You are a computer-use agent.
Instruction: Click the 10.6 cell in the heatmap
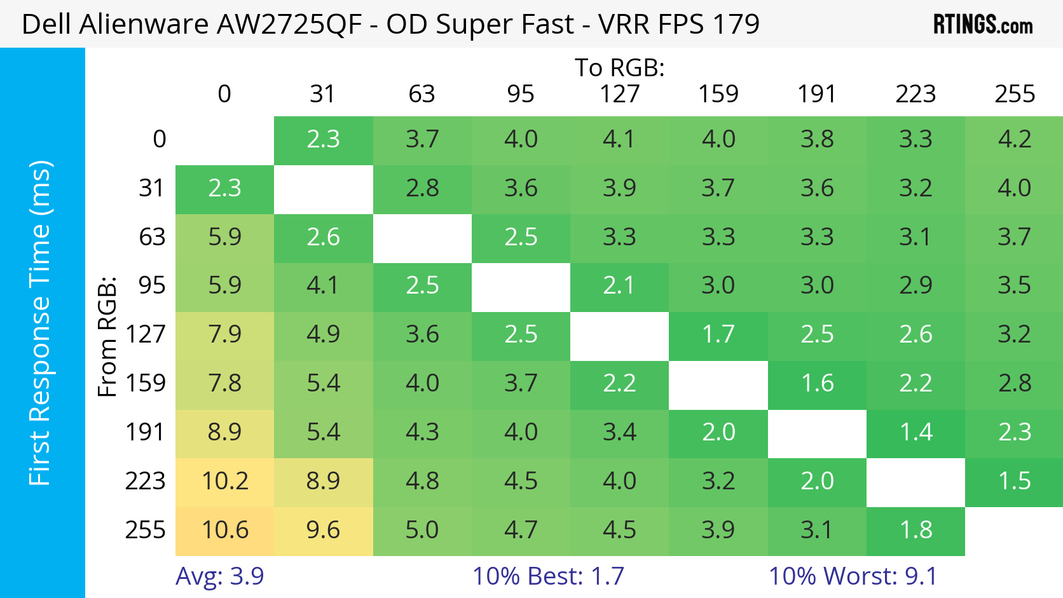pyautogui.click(x=224, y=530)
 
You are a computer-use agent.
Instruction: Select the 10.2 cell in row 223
pyautogui.click(x=224, y=481)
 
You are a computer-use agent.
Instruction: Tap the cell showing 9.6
pyautogui.click(x=323, y=530)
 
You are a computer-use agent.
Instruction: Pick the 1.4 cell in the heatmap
pyautogui.click(x=916, y=433)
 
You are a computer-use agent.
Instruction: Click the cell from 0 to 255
pyautogui.click(x=1014, y=140)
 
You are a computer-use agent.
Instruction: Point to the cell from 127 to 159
pyautogui.click(x=718, y=335)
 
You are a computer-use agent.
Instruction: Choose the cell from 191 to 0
pyautogui.click(x=224, y=433)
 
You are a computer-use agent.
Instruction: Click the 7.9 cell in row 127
pyautogui.click(x=224, y=335)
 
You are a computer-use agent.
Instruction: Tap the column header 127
pyautogui.click(x=619, y=94)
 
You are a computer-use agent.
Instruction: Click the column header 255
pyautogui.click(x=1015, y=94)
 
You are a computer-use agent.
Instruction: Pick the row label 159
pyautogui.click(x=146, y=383)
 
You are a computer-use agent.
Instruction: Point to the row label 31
pyautogui.click(x=152, y=188)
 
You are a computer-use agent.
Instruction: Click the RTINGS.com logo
pyautogui.click(x=982, y=24)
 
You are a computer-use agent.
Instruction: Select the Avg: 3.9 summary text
pyautogui.click(x=219, y=576)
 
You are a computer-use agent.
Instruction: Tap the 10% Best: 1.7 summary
pyautogui.click(x=548, y=576)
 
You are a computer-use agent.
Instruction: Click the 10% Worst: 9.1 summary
pyautogui.click(x=853, y=576)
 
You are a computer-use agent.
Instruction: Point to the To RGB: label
pyautogui.click(x=619, y=67)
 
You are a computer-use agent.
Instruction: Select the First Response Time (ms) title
pyautogui.click(x=39, y=323)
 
